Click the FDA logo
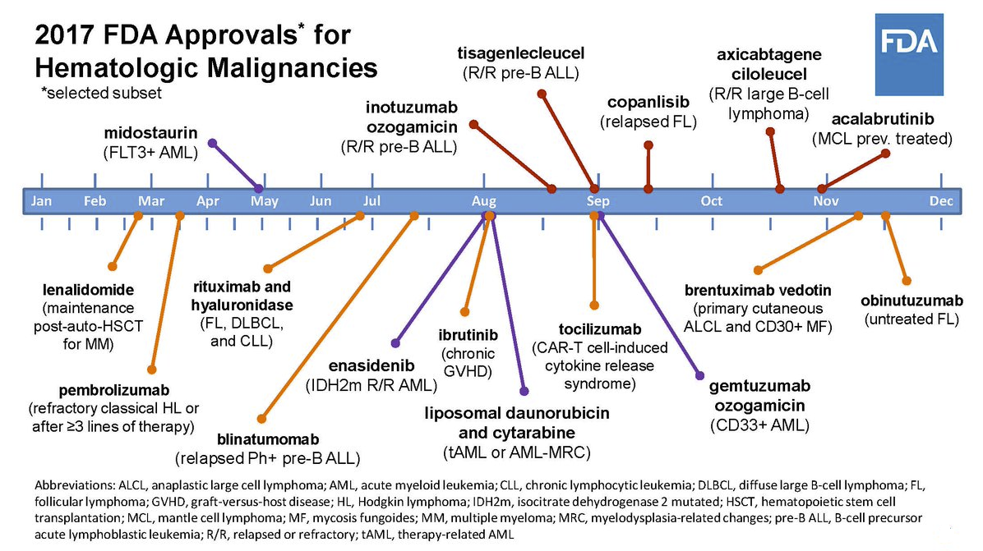click(909, 54)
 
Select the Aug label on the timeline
click(484, 201)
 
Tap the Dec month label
click(941, 201)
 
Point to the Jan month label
click(41, 201)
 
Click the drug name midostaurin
click(150, 133)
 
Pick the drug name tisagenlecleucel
click(520, 54)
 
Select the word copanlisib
click(648, 102)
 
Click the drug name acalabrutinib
click(883, 119)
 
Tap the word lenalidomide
click(89, 290)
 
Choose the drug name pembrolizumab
click(114, 391)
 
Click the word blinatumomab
click(268, 439)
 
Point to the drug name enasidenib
click(372, 365)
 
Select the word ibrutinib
click(468, 335)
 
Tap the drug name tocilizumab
click(600, 329)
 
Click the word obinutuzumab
click(911, 301)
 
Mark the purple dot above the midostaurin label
click(213, 144)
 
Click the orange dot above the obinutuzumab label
click(907, 281)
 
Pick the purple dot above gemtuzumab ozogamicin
click(700, 376)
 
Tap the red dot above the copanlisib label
click(648, 145)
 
